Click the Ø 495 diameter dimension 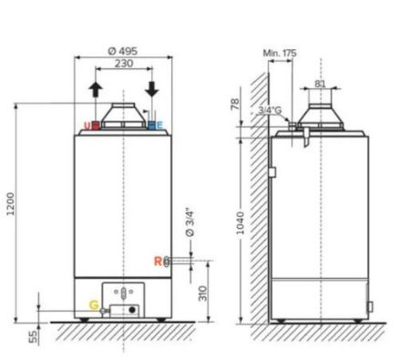coord(123,51)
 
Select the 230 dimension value coord(124,63)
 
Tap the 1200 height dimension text coord(11,203)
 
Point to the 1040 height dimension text coord(241,223)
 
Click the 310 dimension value coord(202,293)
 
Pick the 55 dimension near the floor coord(33,336)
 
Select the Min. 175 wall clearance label coord(280,53)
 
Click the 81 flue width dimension coord(320,84)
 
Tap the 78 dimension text coord(235,104)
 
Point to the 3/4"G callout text coord(270,110)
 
